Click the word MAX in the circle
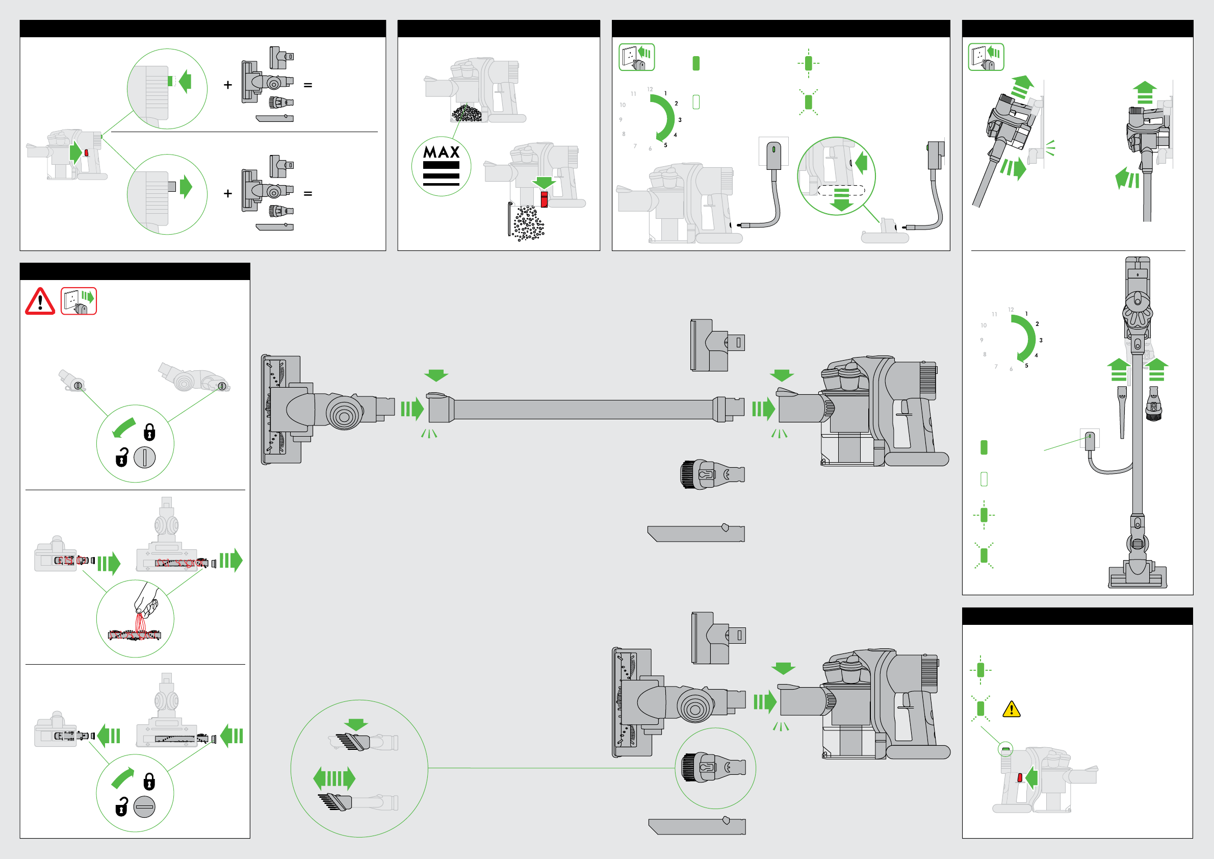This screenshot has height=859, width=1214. [x=441, y=153]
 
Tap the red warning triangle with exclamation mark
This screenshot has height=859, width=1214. [x=40, y=301]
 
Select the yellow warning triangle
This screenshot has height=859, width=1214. [x=1011, y=709]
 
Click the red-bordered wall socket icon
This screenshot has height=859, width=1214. [x=79, y=301]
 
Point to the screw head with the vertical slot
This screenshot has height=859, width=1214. [x=144, y=457]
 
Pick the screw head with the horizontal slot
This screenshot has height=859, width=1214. [x=144, y=806]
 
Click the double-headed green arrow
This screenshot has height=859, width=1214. [x=334, y=778]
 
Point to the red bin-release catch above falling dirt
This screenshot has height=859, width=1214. [x=544, y=199]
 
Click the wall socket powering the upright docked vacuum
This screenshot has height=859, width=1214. [x=1089, y=439]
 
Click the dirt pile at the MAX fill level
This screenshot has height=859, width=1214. [x=467, y=113]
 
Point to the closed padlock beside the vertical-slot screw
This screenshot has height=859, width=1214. [x=149, y=432]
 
